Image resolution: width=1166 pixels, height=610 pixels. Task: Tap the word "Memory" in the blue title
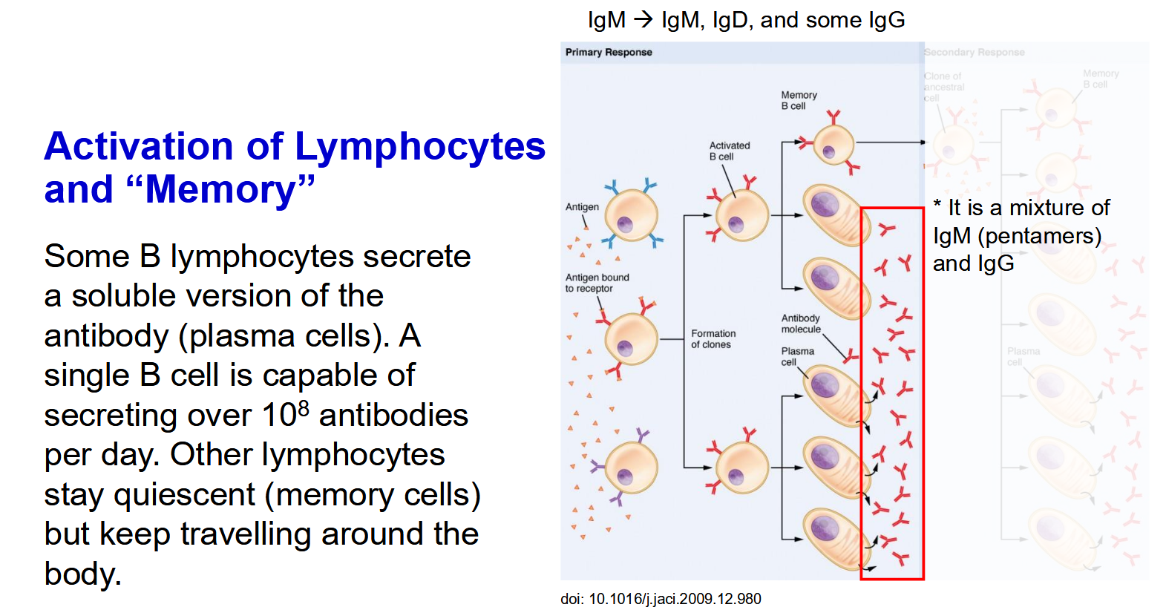point(221,190)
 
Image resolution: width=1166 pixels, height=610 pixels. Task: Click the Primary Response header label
point(609,52)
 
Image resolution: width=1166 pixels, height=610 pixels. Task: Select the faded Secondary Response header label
point(974,52)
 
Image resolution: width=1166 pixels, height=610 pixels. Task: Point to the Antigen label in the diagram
point(582,207)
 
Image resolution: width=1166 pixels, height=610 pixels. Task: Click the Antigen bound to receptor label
point(597,283)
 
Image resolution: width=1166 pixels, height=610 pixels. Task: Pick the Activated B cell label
point(729,151)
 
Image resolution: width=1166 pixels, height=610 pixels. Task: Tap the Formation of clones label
point(713,339)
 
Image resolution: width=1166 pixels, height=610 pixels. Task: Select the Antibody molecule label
point(800,324)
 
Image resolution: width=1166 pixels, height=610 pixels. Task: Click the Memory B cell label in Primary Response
point(799,100)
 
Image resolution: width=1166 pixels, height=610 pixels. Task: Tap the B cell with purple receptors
point(631,468)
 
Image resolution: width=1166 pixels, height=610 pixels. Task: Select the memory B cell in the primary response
point(833,144)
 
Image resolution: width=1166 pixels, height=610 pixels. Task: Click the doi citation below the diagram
point(661,599)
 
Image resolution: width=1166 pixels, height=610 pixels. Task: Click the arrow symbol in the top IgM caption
point(643,20)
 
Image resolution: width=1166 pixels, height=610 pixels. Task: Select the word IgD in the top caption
point(730,20)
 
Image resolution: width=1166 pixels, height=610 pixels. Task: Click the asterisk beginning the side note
point(937,205)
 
